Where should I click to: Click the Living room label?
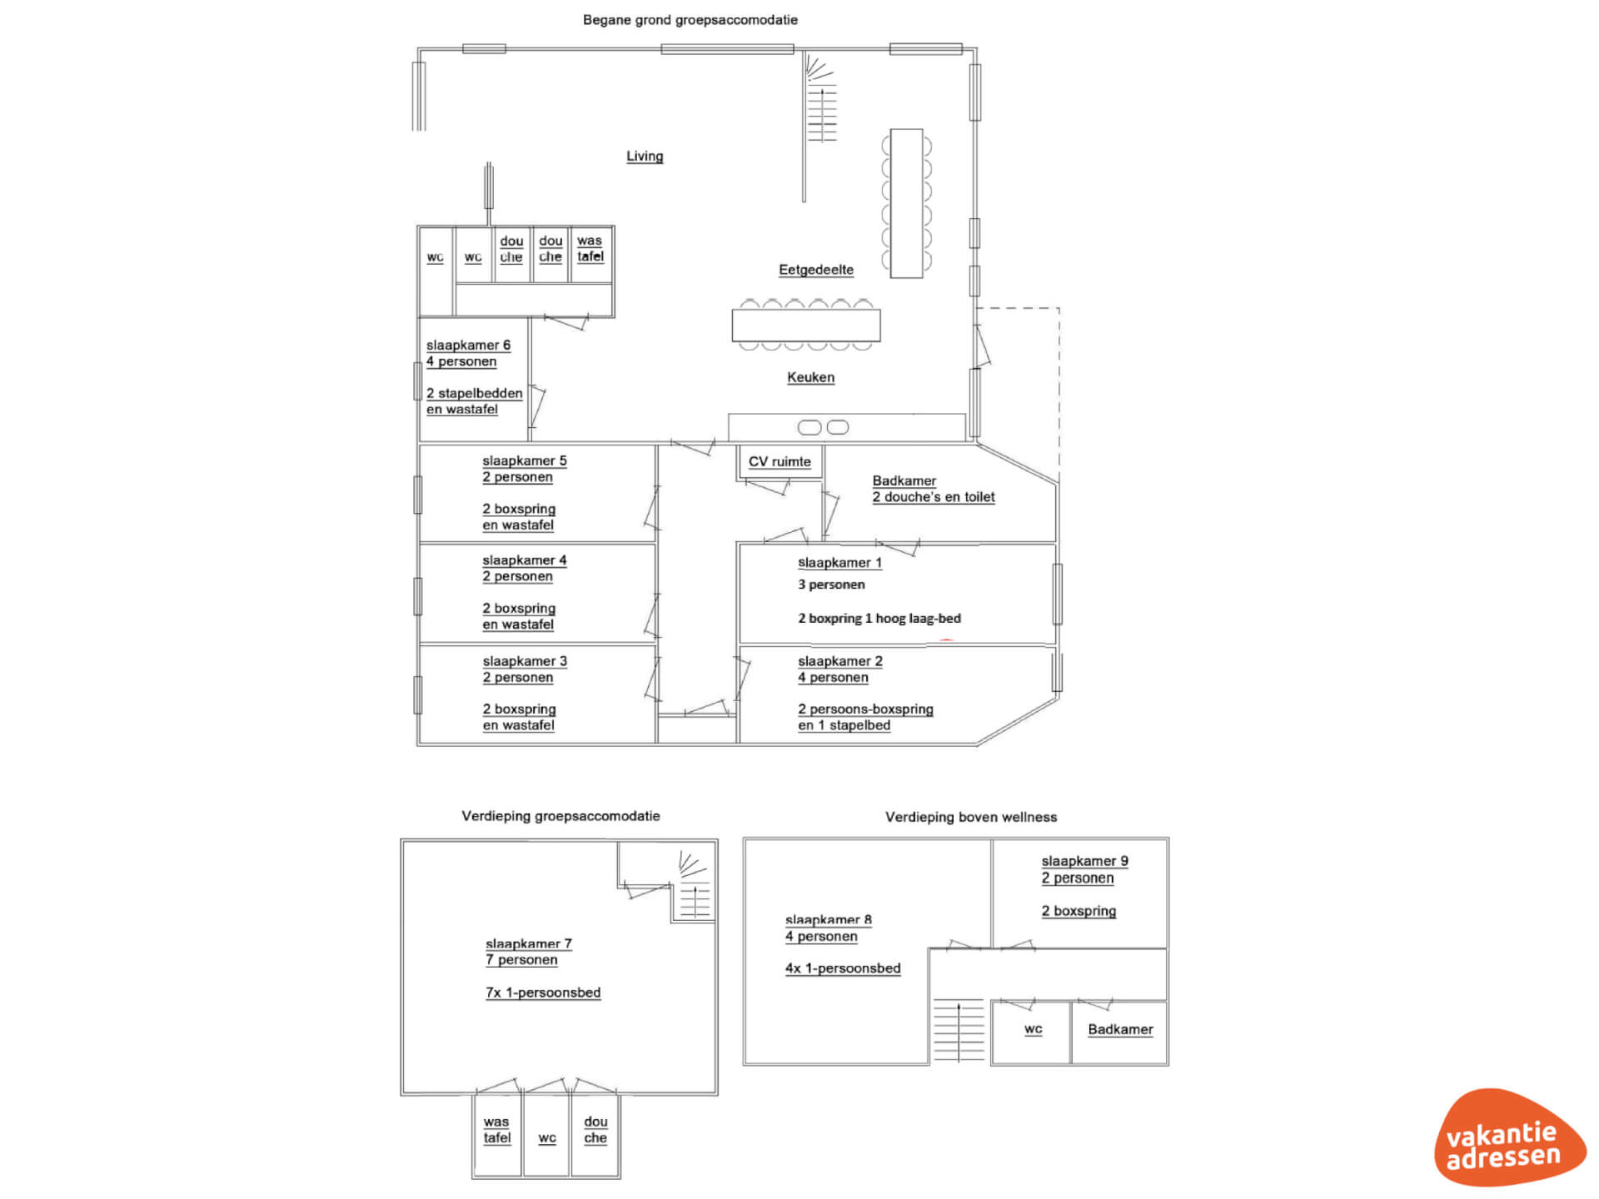pyautogui.click(x=645, y=156)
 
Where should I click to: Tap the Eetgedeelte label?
pyautogui.click(x=815, y=270)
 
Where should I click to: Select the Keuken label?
pyautogui.click(x=810, y=377)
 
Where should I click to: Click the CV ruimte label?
pyautogui.click(x=779, y=461)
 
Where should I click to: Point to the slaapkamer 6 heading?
pyautogui.click(x=468, y=345)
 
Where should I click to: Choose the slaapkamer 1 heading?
pyautogui.click(x=839, y=563)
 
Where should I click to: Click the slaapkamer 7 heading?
pyautogui.click(x=528, y=943)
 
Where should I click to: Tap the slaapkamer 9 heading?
pyautogui.click(x=1084, y=861)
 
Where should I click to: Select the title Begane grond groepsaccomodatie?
pyautogui.click(x=690, y=20)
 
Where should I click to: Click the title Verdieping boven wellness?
pyautogui.click(x=971, y=817)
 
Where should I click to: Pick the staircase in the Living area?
pyautogui.click(x=821, y=104)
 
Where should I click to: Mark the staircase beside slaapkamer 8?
pyautogui.click(x=959, y=1030)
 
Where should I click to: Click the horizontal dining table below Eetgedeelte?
pyautogui.click(x=805, y=325)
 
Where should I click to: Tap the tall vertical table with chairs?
pyautogui.click(x=906, y=203)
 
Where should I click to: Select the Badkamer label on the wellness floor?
pyautogui.click(x=1120, y=1029)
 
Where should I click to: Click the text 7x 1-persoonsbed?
pyautogui.click(x=543, y=993)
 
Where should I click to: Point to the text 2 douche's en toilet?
pyautogui.click(x=933, y=497)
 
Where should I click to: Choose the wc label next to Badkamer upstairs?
pyautogui.click(x=1033, y=1029)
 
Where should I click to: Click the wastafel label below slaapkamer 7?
pyautogui.click(x=496, y=1130)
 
